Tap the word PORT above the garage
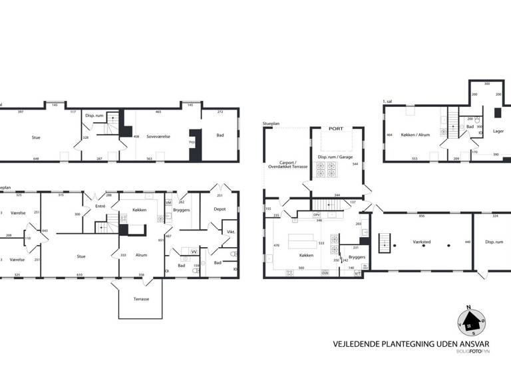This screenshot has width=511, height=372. [337, 129]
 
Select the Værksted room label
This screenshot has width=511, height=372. [422, 242]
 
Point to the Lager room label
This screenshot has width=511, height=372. [498, 132]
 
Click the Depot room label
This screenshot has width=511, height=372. [220, 209]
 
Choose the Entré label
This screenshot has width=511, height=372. [100, 207]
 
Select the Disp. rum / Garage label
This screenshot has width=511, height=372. [336, 157]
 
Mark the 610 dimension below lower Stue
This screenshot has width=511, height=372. [79, 274]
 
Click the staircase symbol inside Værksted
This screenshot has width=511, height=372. [384, 243]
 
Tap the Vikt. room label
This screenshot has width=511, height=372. [231, 232]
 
